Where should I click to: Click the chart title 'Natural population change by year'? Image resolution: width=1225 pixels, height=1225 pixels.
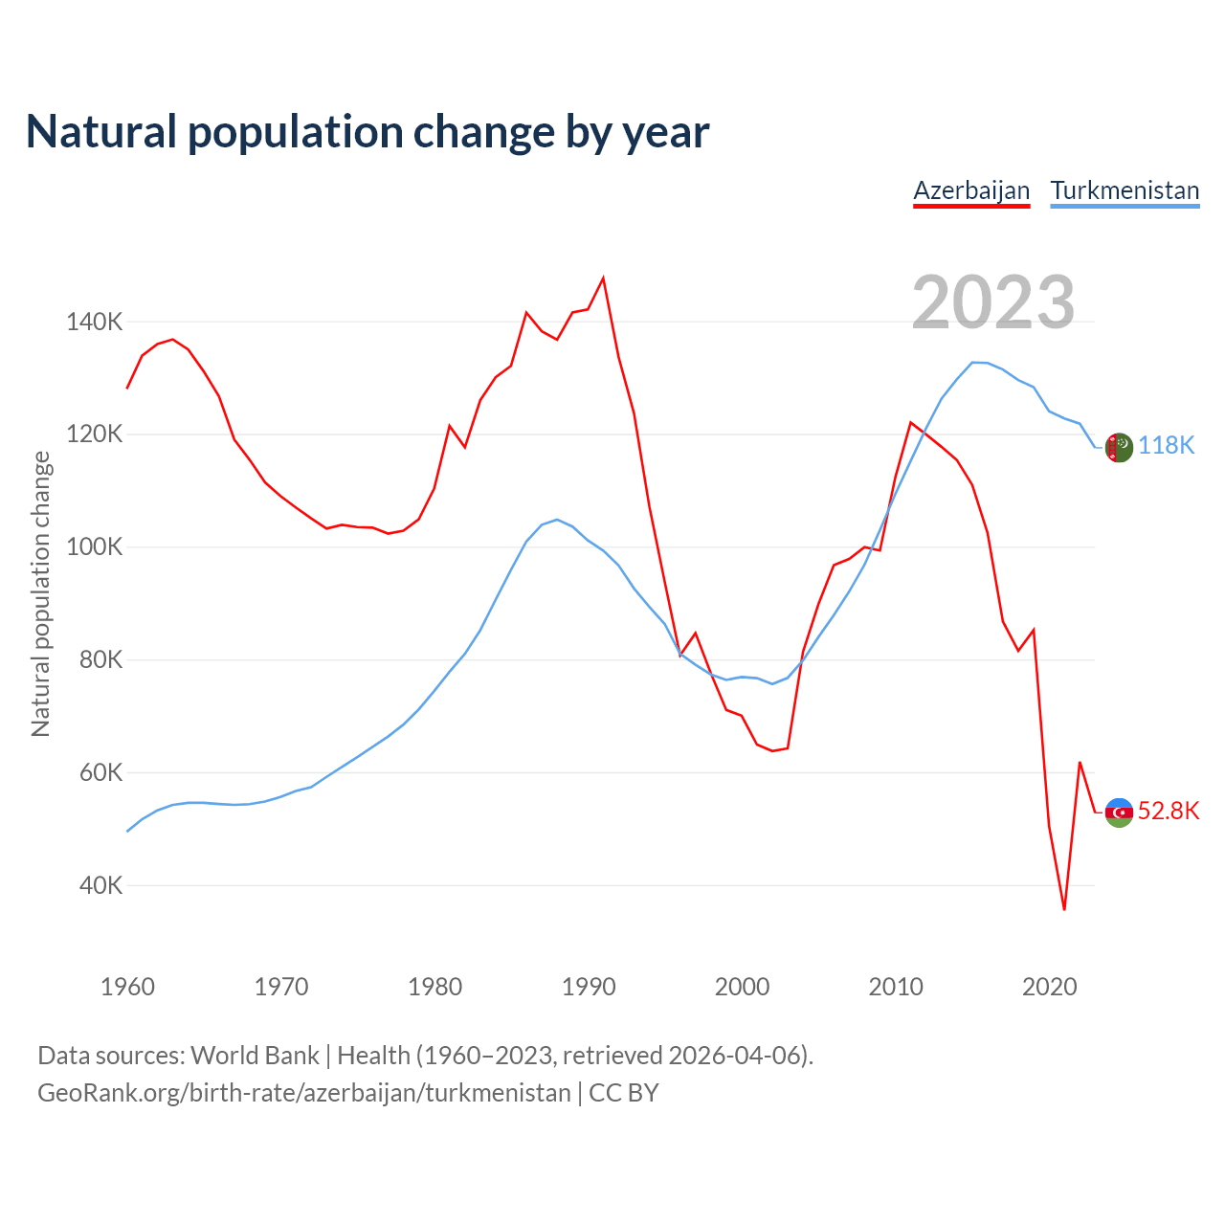click(367, 132)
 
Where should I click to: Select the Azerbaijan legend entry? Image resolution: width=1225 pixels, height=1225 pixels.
click(971, 190)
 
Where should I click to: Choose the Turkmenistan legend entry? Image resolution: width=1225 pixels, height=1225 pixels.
click(1125, 190)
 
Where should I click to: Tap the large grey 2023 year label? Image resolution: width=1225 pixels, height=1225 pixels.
click(993, 302)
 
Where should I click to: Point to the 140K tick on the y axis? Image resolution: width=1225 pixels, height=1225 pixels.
click(94, 322)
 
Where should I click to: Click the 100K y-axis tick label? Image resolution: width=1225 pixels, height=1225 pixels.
click(94, 547)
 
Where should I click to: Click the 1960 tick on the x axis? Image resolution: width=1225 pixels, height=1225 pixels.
click(127, 987)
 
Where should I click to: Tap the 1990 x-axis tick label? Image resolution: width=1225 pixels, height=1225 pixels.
click(589, 987)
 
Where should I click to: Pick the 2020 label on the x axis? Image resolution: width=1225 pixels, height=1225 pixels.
click(1050, 987)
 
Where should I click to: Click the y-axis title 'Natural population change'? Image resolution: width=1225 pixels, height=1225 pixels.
click(40, 594)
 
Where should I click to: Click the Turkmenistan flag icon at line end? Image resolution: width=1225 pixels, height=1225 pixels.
click(1119, 447)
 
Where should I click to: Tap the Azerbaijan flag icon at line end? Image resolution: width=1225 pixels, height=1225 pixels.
click(1119, 813)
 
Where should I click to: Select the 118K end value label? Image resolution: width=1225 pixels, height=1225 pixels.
click(1167, 445)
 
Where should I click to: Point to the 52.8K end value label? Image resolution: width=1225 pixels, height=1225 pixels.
click(1169, 812)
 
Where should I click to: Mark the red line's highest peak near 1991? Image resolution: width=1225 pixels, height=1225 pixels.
click(603, 278)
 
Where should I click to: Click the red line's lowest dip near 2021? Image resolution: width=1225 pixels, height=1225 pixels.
click(1064, 909)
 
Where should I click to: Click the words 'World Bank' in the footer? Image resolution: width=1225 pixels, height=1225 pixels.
click(255, 1056)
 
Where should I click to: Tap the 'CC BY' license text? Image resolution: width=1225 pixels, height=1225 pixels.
click(624, 1093)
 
